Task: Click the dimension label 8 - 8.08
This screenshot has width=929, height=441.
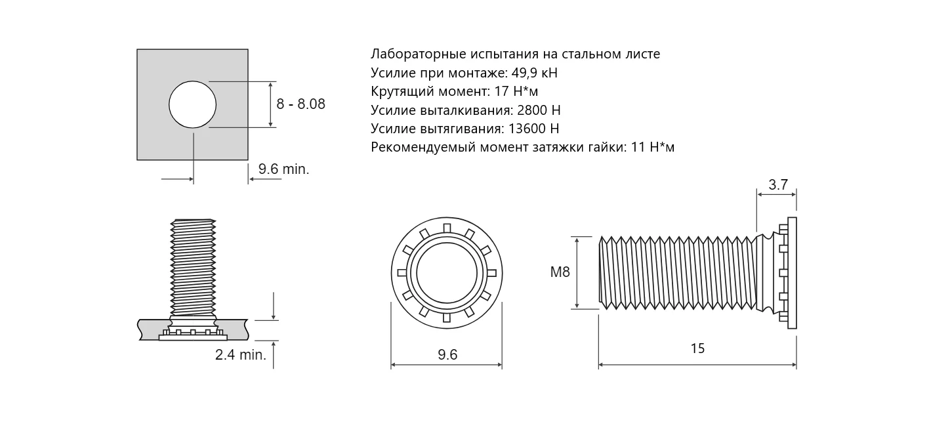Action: pyautogui.click(x=300, y=104)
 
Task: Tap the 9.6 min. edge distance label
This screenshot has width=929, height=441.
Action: pyautogui.click(x=283, y=169)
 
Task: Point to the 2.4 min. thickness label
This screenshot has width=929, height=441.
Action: pyautogui.click(x=241, y=355)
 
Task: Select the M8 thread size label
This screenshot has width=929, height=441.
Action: pyautogui.click(x=560, y=272)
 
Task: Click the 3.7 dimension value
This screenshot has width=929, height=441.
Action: pyautogui.click(x=778, y=185)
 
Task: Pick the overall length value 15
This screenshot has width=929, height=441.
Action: pyautogui.click(x=697, y=348)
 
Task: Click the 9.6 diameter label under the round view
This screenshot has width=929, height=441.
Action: pyautogui.click(x=447, y=355)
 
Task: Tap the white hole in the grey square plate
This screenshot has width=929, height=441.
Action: pyautogui.click(x=192, y=104)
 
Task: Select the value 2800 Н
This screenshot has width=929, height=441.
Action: pyautogui.click(x=539, y=110)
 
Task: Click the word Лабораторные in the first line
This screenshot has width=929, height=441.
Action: pyautogui.click(x=418, y=54)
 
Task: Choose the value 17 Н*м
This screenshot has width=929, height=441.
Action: pyautogui.click(x=516, y=91)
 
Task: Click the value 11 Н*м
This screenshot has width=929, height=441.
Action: pyautogui.click(x=652, y=147)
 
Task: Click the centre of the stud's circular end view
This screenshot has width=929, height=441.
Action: pyautogui.click(x=447, y=273)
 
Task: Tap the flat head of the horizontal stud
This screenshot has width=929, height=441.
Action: pyautogui.click(x=792, y=272)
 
